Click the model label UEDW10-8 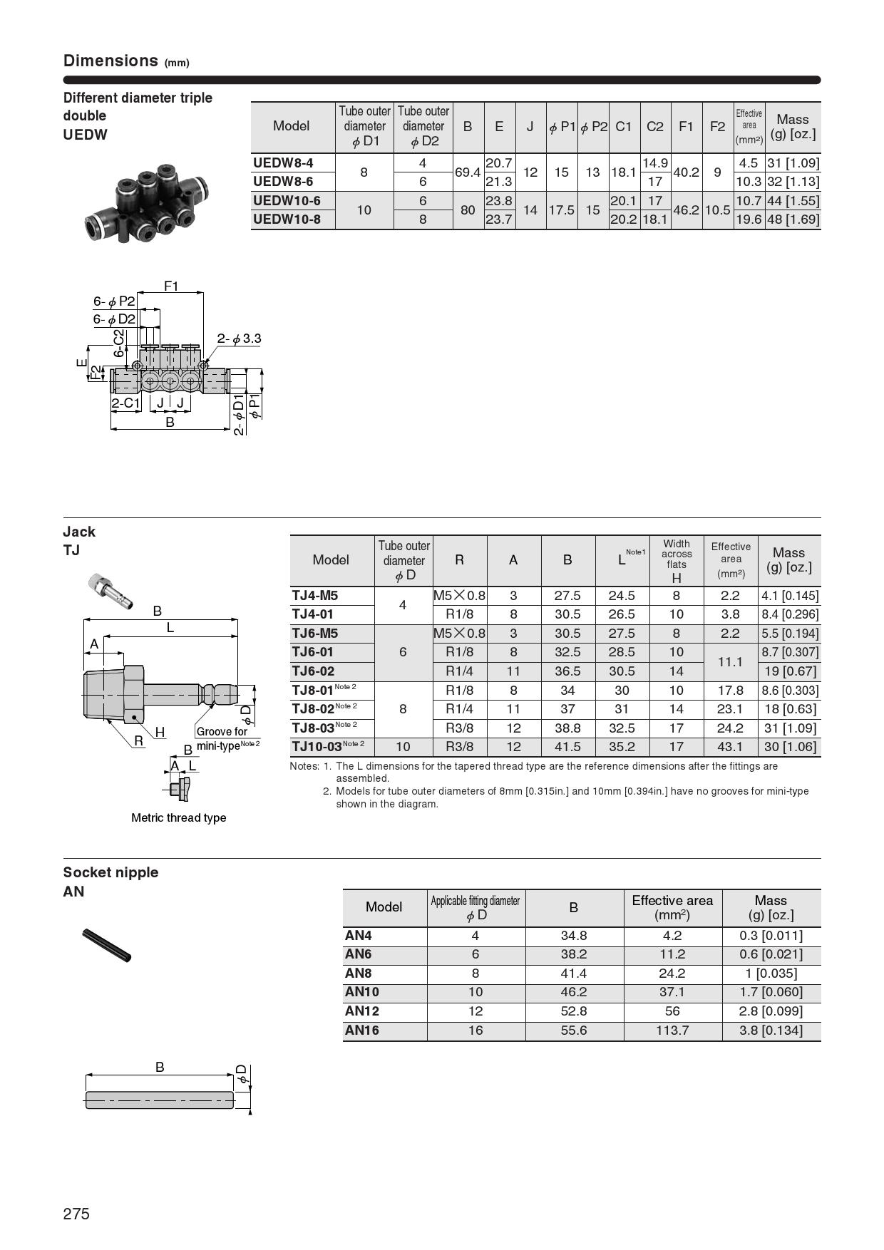tap(287, 219)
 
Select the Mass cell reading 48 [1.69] tap(793, 219)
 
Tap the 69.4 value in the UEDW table tap(468, 172)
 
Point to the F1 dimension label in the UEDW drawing tap(171, 286)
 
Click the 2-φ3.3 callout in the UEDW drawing tap(239, 339)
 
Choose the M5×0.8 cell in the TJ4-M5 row tap(460, 596)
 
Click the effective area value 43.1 tap(731, 747)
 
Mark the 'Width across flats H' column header tap(677, 561)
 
